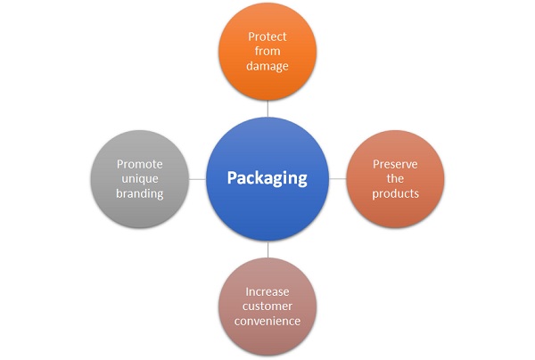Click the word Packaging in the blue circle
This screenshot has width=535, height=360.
point(267,178)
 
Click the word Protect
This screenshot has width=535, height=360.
point(268,37)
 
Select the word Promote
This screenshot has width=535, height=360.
point(139,163)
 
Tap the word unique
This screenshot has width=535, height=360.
point(139,178)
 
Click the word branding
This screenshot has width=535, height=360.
point(139,194)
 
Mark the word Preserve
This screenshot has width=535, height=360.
point(395,163)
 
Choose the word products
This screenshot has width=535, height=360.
point(395,194)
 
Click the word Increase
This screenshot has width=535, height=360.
point(267,291)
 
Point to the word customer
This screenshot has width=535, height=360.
point(267,307)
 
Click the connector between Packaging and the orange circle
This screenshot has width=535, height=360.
point(268,108)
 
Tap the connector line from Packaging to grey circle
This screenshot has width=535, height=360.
point(196,178)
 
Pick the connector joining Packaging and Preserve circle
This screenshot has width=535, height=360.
point(339,178)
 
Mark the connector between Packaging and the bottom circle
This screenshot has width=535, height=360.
point(268,250)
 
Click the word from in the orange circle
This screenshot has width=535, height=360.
point(268,53)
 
